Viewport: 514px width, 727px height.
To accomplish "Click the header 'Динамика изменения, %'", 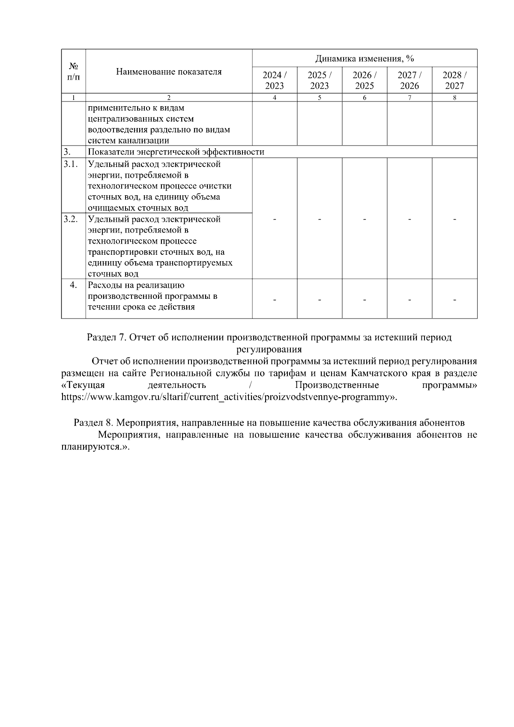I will click(365, 58).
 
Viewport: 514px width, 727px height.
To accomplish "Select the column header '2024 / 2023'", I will click(275, 80).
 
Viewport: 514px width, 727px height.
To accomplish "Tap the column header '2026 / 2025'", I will click(365, 80).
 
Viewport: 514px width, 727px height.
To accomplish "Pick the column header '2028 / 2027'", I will click(454, 80).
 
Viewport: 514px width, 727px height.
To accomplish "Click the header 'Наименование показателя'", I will click(169, 72).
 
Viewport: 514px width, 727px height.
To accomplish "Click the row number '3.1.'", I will click(71, 164).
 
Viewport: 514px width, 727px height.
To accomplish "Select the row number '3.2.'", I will click(71, 219).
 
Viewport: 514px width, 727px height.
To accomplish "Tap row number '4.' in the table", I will click(73, 285).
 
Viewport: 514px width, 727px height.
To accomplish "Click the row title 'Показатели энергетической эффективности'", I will click(176, 152).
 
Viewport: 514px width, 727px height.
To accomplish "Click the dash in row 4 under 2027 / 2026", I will click(409, 300).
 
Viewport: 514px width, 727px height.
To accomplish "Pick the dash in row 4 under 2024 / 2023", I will click(275, 300).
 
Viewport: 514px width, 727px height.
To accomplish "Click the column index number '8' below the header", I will click(454, 98).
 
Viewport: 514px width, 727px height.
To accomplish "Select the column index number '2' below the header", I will click(169, 98).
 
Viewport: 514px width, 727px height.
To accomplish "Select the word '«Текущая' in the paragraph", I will click(83, 385).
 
